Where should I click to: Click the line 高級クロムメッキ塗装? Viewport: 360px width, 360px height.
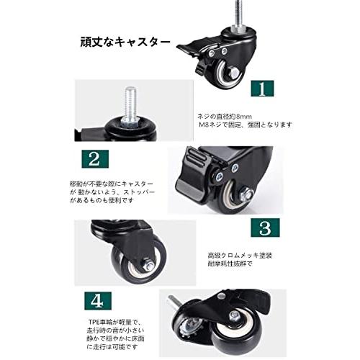tap(236, 254)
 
